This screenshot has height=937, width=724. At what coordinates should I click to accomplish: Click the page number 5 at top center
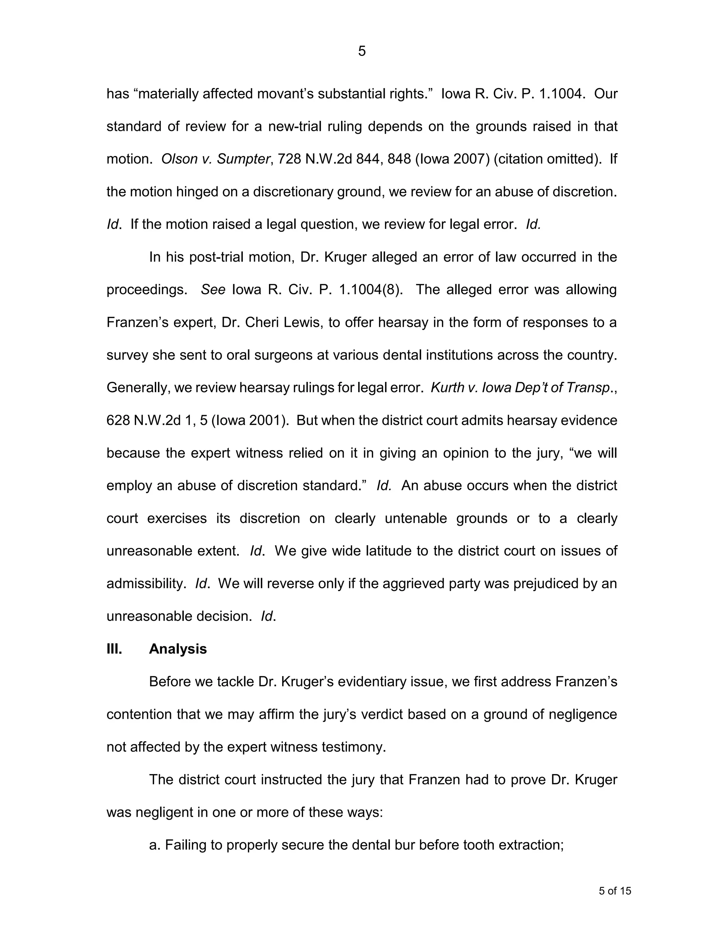(362, 52)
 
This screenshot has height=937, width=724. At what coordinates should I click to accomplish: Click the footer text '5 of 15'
(615, 891)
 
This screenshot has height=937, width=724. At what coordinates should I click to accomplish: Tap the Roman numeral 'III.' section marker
(114, 649)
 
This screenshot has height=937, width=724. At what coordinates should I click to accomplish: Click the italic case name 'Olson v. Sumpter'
(216, 159)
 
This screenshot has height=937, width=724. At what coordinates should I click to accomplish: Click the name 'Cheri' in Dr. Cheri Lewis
(262, 322)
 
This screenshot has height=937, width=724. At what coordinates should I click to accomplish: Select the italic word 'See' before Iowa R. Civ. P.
(213, 290)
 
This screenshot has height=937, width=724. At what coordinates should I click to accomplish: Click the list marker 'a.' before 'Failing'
(155, 845)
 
